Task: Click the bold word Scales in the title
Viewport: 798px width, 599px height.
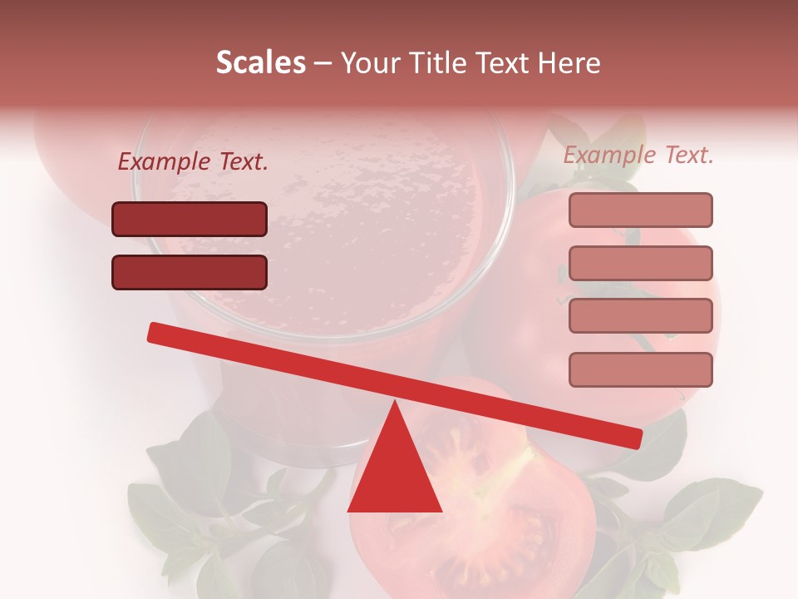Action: click(x=260, y=63)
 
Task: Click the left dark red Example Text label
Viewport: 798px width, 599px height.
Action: click(x=193, y=162)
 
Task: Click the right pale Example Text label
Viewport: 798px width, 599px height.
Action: click(x=638, y=155)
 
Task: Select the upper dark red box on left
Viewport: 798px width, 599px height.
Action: click(x=190, y=220)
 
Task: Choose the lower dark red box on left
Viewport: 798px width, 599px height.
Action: click(x=190, y=272)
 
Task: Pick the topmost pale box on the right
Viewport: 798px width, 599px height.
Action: click(x=640, y=210)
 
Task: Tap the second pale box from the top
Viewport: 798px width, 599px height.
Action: click(x=640, y=263)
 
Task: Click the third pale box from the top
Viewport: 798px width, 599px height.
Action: click(x=640, y=316)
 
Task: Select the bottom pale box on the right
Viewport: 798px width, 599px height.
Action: click(x=640, y=369)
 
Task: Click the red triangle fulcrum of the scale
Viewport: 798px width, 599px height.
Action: click(x=395, y=474)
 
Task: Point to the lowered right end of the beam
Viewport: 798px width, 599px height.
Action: click(x=634, y=438)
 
